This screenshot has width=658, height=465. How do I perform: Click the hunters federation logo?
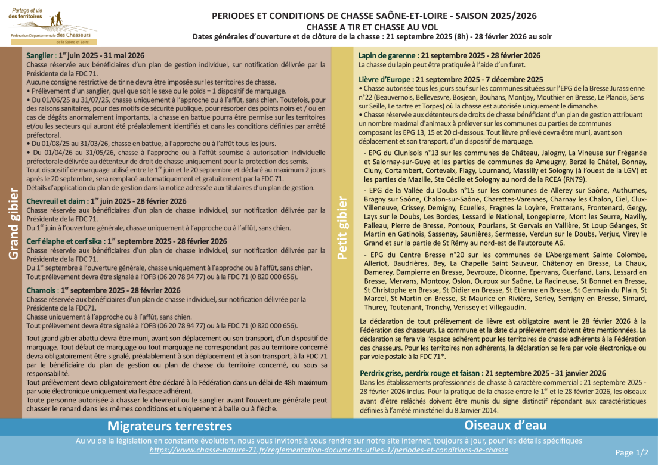point(52,24)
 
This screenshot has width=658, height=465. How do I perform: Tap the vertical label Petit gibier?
point(341,230)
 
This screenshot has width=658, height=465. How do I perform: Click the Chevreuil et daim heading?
point(106,201)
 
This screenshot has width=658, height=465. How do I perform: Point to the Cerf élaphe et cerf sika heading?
point(126,241)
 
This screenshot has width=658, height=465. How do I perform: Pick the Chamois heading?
point(103,290)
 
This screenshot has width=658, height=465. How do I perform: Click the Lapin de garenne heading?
point(449,55)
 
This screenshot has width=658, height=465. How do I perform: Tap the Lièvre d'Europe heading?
point(450,79)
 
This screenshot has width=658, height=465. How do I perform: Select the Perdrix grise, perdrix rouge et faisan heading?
point(482,373)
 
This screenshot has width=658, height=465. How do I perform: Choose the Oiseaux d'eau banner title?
point(496,425)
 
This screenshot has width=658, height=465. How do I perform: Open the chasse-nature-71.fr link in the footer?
point(329,450)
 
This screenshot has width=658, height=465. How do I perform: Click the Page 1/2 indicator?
point(631,452)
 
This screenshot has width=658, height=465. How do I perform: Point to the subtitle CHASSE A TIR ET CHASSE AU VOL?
point(372,27)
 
